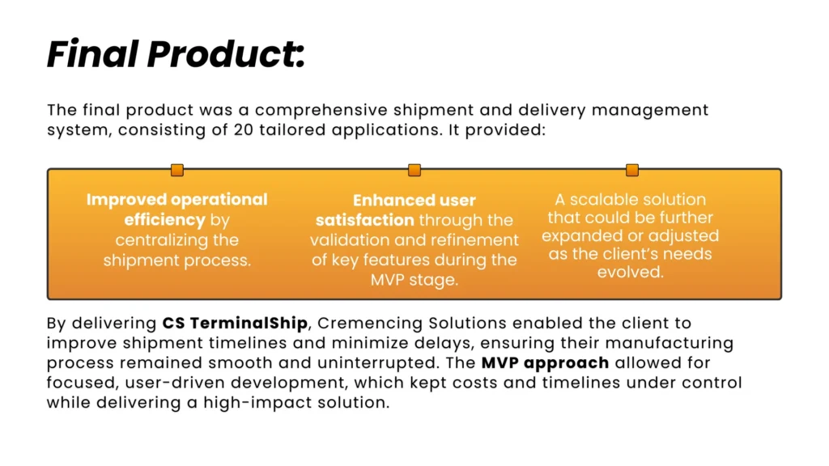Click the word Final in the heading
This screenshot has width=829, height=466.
coord(93,54)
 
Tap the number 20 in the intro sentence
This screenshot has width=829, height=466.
coord(243,130)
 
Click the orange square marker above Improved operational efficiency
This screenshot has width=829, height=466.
coord(177,170)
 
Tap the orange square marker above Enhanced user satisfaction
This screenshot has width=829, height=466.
coord(414,170)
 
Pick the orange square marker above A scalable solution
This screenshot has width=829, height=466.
coord(631,170)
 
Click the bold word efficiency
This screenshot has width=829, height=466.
coord(164,220)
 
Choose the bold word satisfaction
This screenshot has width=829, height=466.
coord(365,220)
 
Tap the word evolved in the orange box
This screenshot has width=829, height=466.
coord(630,272)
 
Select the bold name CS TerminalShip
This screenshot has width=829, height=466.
coord(235,324)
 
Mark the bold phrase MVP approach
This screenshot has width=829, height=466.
coord(545,363)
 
